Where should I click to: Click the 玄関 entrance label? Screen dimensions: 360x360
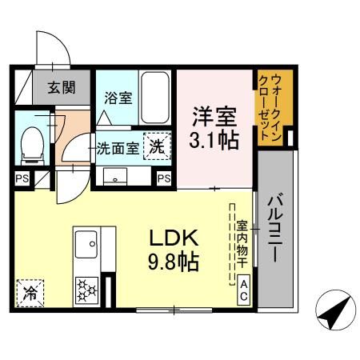[x=60, y=87]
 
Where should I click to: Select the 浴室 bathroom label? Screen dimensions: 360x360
[x=118, y=100]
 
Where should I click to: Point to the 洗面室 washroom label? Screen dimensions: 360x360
[x=118, y=148]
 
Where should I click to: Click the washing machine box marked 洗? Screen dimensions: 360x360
[x=156, y=146]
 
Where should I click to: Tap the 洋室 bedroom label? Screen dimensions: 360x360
[x=213, y=117]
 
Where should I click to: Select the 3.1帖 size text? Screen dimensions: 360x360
[x=213, y=142]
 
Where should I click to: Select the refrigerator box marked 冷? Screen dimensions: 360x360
[x=30, y=290]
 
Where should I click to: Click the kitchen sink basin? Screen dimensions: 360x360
[x=87, y=242]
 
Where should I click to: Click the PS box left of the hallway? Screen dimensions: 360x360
[x=22, y=179]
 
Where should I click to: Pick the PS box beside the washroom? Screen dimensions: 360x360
[x=164, y=178]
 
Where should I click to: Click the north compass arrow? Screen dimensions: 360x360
[x=331, y=312]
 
